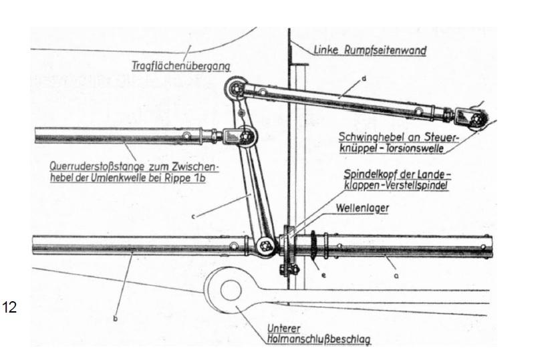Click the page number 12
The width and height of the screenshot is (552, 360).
tap(11, 307)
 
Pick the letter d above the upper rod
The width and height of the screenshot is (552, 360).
tap(364, 79)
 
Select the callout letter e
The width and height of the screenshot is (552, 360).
tap(322, 274)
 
